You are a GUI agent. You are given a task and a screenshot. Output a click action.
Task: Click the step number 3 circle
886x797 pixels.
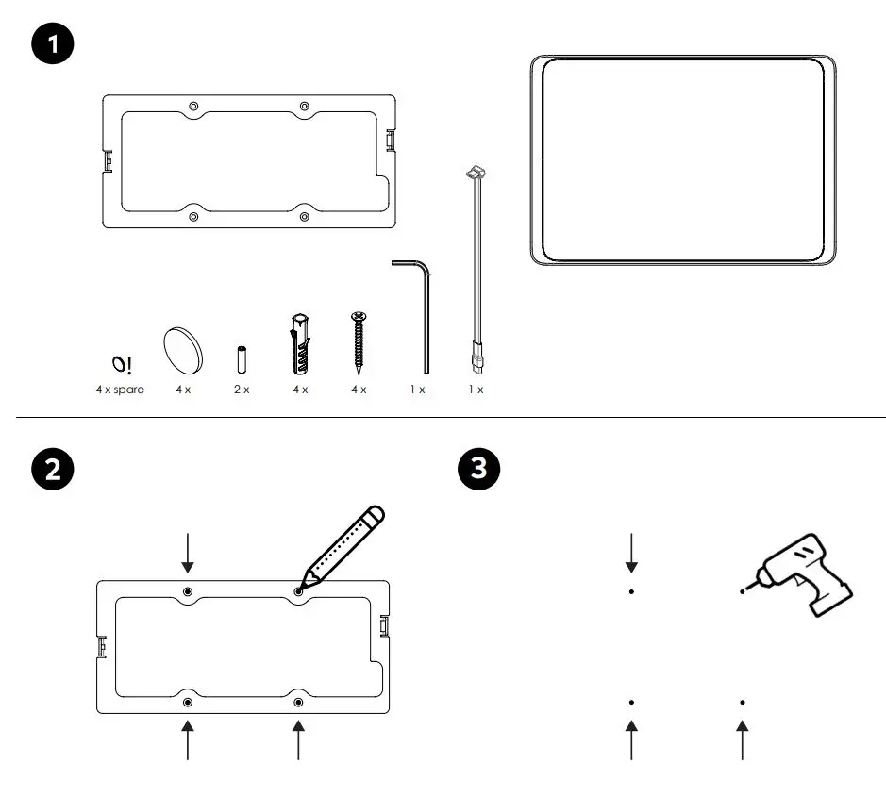[x=479, y=470]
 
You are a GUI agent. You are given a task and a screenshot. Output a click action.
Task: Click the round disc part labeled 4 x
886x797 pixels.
[x=184, y=350]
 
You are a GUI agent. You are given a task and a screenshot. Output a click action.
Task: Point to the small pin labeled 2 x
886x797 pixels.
[x=241, y=359]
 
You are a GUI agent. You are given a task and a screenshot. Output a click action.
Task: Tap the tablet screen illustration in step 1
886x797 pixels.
[x=682, y=159]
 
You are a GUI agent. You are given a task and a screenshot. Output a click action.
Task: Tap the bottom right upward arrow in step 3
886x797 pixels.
[x=743, y=739]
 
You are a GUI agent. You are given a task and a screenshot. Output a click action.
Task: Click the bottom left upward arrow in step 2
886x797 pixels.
[x=188, y=739]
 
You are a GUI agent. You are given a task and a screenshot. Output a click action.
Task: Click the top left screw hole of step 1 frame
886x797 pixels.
[x=193, y=105]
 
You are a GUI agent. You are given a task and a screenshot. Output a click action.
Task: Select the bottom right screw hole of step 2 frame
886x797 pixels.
[x=298, y=703]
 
